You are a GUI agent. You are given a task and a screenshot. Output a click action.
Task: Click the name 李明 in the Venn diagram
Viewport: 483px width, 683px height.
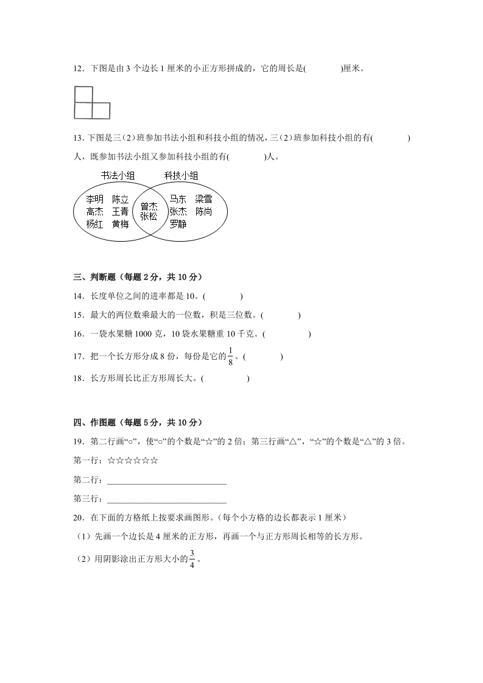pos(94,199)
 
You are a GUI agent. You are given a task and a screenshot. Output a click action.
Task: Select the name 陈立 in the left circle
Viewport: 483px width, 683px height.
pos(121,199)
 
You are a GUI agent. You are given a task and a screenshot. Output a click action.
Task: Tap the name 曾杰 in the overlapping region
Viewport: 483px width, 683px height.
pos(149,206)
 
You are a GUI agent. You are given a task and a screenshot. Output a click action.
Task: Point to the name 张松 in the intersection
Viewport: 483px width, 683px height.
pos(149,216)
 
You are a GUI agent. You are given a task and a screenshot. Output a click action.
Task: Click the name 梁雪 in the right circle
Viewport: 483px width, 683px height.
pos(203,199)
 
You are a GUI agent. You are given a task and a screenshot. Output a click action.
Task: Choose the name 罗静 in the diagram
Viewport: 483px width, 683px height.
pos(178,224)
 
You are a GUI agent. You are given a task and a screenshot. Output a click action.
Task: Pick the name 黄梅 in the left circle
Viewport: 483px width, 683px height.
pos(121,224)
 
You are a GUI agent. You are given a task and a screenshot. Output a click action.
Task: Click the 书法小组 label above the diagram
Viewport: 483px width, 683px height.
pos(118,175)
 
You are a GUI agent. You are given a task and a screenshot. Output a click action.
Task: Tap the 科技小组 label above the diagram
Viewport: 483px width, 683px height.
pos(181,175)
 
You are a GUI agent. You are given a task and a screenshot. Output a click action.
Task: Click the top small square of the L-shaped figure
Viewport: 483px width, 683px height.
pos(83,94)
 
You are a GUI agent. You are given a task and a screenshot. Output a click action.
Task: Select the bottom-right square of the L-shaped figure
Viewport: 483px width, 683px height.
pos(101,111)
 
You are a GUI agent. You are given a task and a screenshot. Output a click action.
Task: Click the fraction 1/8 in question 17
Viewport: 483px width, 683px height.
pos(231,356)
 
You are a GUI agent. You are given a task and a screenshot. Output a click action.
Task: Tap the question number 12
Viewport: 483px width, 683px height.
pos(77,69)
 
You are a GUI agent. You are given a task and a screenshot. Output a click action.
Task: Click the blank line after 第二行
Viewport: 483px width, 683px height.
pos(166,482)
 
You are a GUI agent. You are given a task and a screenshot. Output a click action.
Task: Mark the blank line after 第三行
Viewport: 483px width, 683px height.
pos(166,502)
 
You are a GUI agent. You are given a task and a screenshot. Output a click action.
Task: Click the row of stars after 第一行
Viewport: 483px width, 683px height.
pos(133,461)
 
